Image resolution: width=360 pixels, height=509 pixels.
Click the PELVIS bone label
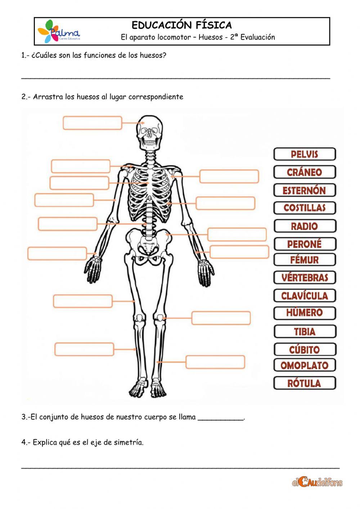coord(305,154)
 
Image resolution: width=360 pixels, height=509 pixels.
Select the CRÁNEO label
coord(305,172)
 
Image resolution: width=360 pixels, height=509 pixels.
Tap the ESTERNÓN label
coord(305,190)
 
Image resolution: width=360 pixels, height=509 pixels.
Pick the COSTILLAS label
coord(305,208)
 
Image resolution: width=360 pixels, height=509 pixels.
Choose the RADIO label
coord(305,226)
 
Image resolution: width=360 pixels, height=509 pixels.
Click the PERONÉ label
coord(305,244)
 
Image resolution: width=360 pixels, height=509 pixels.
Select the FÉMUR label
coord(305,260)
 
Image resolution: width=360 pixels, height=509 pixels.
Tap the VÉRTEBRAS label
coord(305,278)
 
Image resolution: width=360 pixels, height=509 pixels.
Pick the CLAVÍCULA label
coord(305,296)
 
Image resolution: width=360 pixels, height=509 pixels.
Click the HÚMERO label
coord(305,313)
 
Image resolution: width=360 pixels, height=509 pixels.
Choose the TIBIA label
coord(305,331)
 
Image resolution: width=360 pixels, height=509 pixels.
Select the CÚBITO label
coord(305,349)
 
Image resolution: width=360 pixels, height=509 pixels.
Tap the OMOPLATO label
coord(305,365)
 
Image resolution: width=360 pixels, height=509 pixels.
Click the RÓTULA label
coord(305,383)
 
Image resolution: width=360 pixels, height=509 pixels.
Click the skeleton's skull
coord(151,130)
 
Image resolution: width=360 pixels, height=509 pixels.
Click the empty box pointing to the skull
coord(93,123)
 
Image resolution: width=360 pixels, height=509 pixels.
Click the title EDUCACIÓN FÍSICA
coord(182,25)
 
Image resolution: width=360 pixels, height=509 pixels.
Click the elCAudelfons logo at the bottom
coord(317,482)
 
